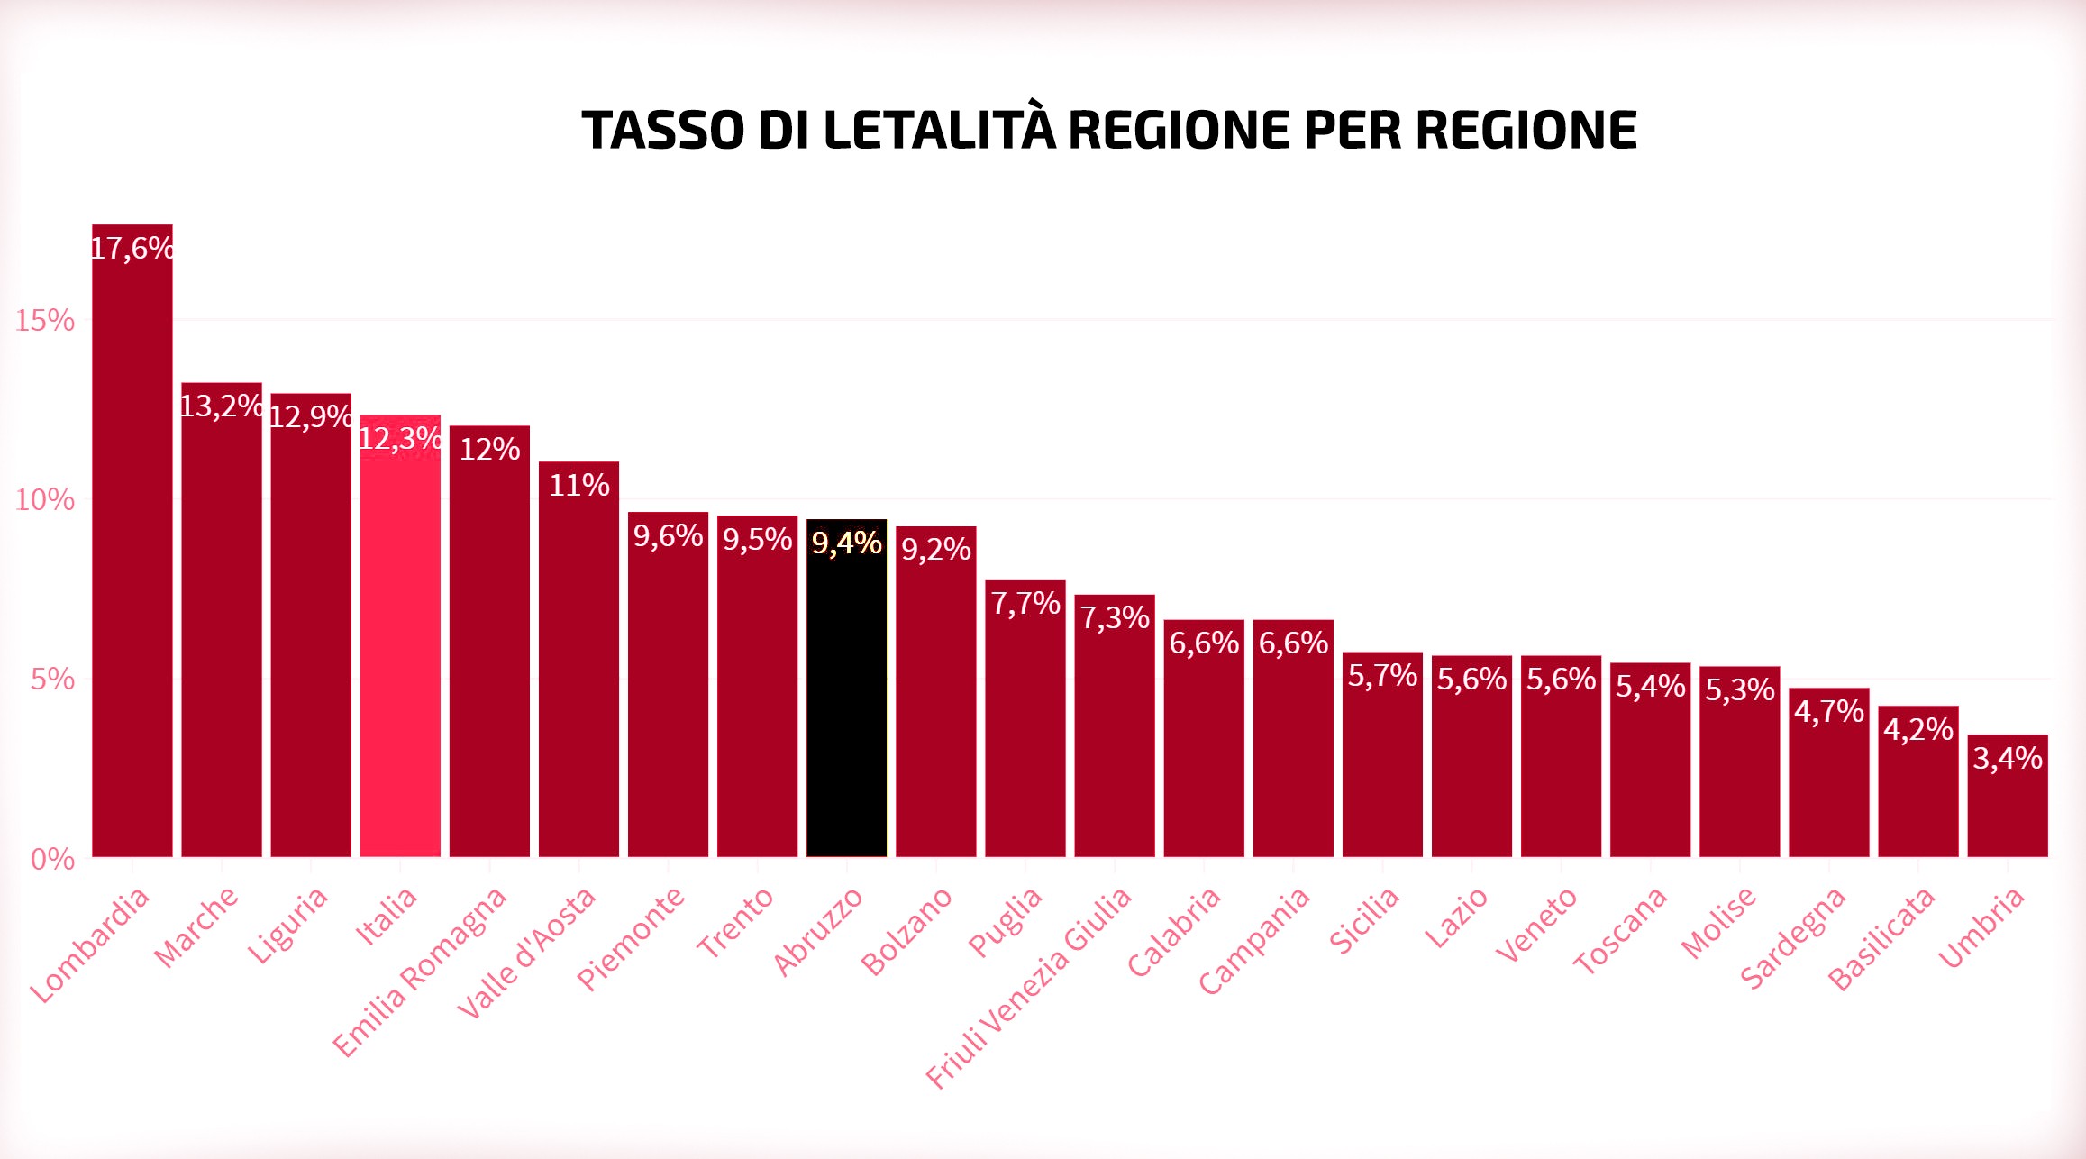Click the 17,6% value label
132,248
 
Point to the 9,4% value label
846,543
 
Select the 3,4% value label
2008,758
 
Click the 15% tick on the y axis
45,320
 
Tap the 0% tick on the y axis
52,859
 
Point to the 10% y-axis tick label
45,499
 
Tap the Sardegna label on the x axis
1792,938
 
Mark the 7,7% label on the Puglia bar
1025,603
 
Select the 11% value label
578,485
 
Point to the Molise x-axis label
1718,922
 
